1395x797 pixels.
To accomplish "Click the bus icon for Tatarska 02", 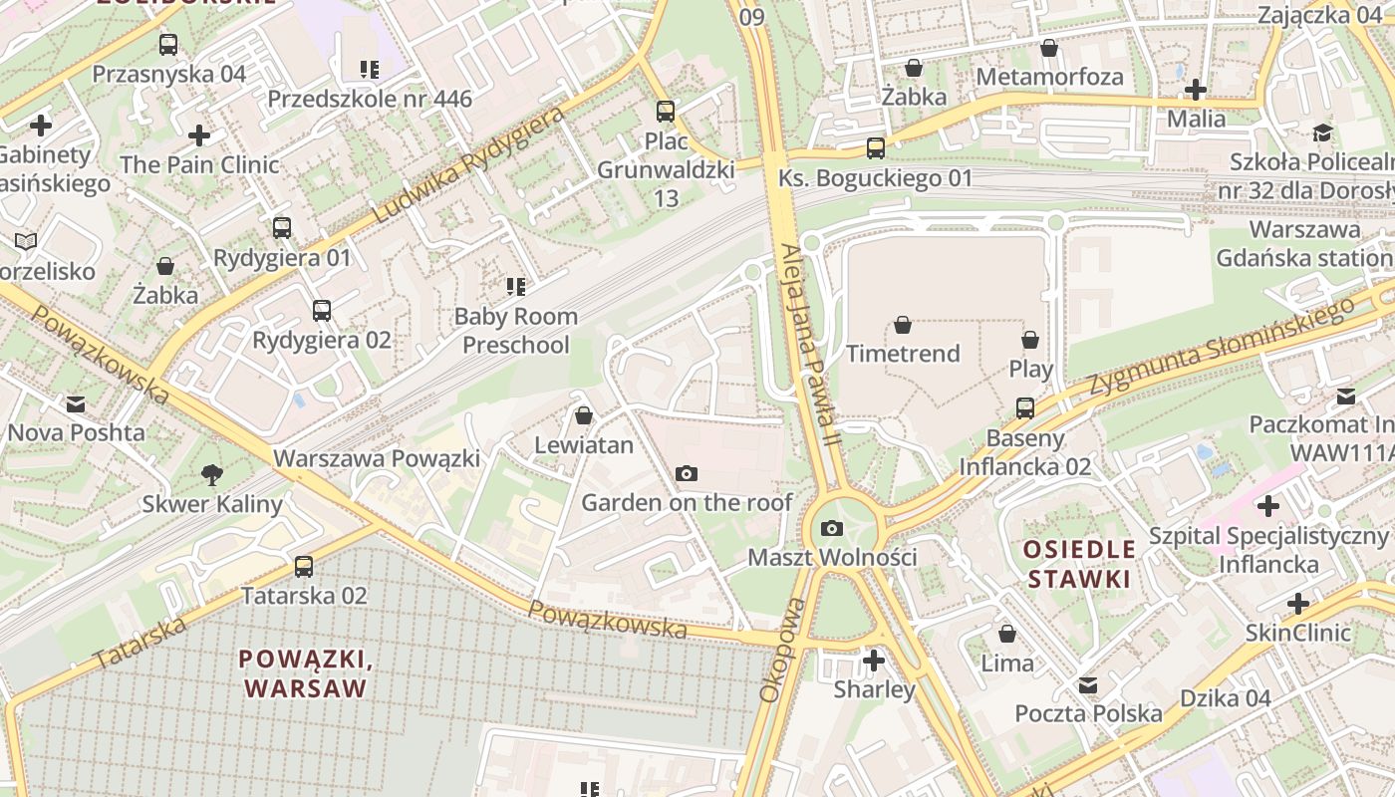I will point(304,567).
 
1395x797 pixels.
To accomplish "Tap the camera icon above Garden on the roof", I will point(687,473).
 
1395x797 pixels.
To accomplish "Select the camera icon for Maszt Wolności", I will point(832,528).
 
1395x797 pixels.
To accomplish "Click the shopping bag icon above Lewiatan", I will point(584,415).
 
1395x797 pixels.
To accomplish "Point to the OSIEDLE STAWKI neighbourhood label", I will point(1080,564).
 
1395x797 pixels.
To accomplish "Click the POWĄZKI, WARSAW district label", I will point(306,673).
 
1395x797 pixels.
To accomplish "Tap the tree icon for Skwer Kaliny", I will point(212,474).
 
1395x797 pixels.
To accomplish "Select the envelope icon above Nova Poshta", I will point(76,403).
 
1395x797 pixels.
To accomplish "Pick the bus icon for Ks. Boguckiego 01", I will point(876,148).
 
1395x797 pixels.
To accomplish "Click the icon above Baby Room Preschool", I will point(516,287).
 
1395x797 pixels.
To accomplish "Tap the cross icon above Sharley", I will point(874,660).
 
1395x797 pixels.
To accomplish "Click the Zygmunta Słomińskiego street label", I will point(1221,349).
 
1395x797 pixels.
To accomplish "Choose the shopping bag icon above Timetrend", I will point(903,325).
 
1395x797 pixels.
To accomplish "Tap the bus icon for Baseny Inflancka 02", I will point(1025,407).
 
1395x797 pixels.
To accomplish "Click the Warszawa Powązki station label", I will point(377,458).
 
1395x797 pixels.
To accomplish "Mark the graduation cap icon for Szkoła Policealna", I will point(1322,133).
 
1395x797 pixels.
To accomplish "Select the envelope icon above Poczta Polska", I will point(1088,685).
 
